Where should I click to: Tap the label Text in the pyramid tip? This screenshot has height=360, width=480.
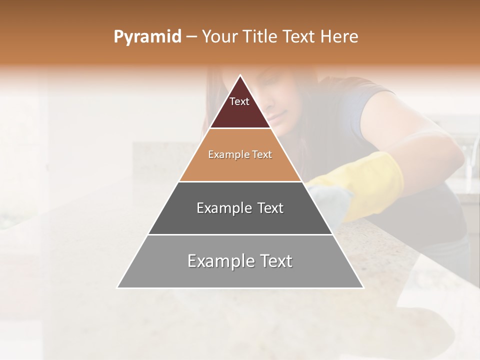(239, 101)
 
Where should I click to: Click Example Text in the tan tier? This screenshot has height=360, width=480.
(240, 154)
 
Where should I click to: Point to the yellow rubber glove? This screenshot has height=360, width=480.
(375, 180)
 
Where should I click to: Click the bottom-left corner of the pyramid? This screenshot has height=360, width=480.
(117, 287)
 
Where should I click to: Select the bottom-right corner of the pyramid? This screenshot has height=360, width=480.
(363, 287)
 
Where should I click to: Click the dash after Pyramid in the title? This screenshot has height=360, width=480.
(191, 37)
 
